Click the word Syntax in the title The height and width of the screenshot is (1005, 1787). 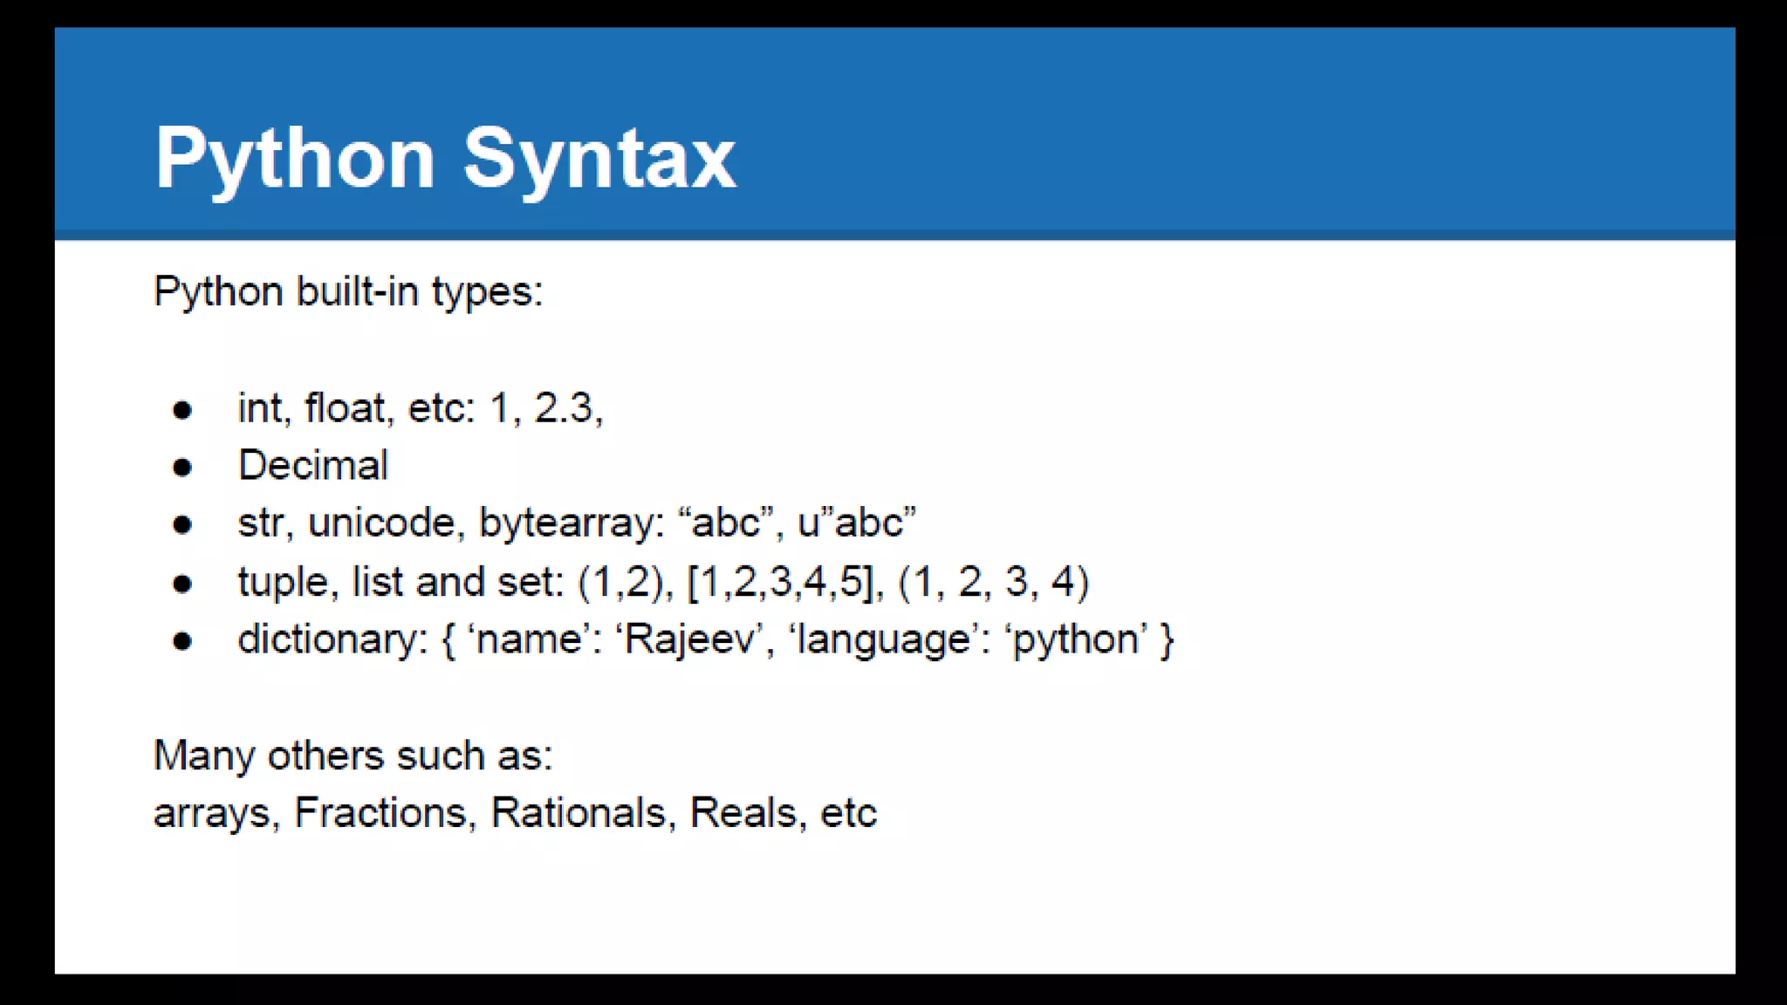point(599,159)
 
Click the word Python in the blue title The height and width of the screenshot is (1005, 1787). point(295,159)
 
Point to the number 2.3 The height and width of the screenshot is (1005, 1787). point(564,408)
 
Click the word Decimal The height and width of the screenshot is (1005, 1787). point(312,465)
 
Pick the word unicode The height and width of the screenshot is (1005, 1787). point(381,523)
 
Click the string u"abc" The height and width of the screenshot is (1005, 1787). point(857,523)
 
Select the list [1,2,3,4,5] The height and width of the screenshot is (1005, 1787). point(781,582)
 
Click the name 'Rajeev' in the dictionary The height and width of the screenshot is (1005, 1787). point(688,639)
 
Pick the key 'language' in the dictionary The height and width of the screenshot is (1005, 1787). point(883,639)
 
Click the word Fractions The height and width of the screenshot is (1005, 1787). point(380,813)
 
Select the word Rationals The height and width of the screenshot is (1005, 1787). point(579,813)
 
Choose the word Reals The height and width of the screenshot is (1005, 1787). point(743,813)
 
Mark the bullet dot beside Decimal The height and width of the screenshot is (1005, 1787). point(182,468)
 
